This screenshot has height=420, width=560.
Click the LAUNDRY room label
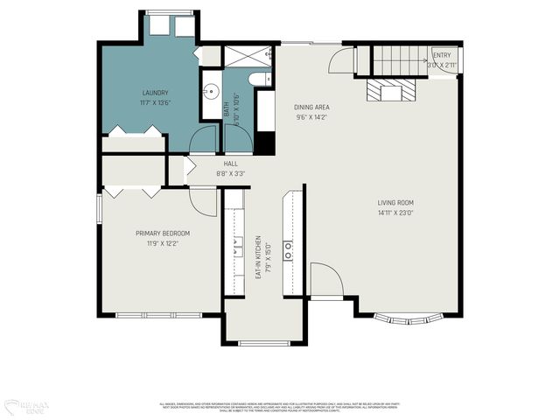155,93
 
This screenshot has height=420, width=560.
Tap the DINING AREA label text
311,107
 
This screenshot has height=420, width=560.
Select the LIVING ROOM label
395,202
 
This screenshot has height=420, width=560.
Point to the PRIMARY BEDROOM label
162,233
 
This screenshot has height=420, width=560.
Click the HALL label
230,164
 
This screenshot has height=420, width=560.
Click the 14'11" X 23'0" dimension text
395,213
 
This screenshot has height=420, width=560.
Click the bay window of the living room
407,318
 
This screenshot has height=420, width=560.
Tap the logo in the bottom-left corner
25,405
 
